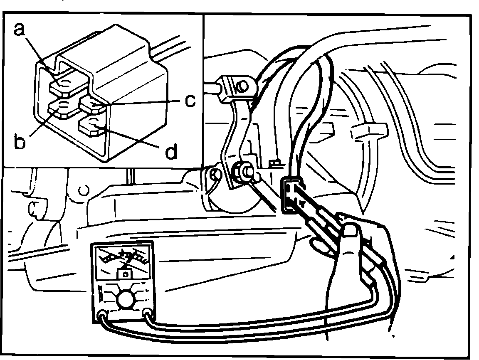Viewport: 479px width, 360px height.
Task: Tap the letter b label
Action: [20, 142]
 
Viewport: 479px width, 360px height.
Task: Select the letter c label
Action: [190, 101]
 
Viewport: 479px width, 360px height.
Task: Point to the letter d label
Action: [170, 152]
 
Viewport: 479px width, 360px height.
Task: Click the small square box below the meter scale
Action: [124, 274]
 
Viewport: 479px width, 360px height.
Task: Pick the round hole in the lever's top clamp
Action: [241, 86]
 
